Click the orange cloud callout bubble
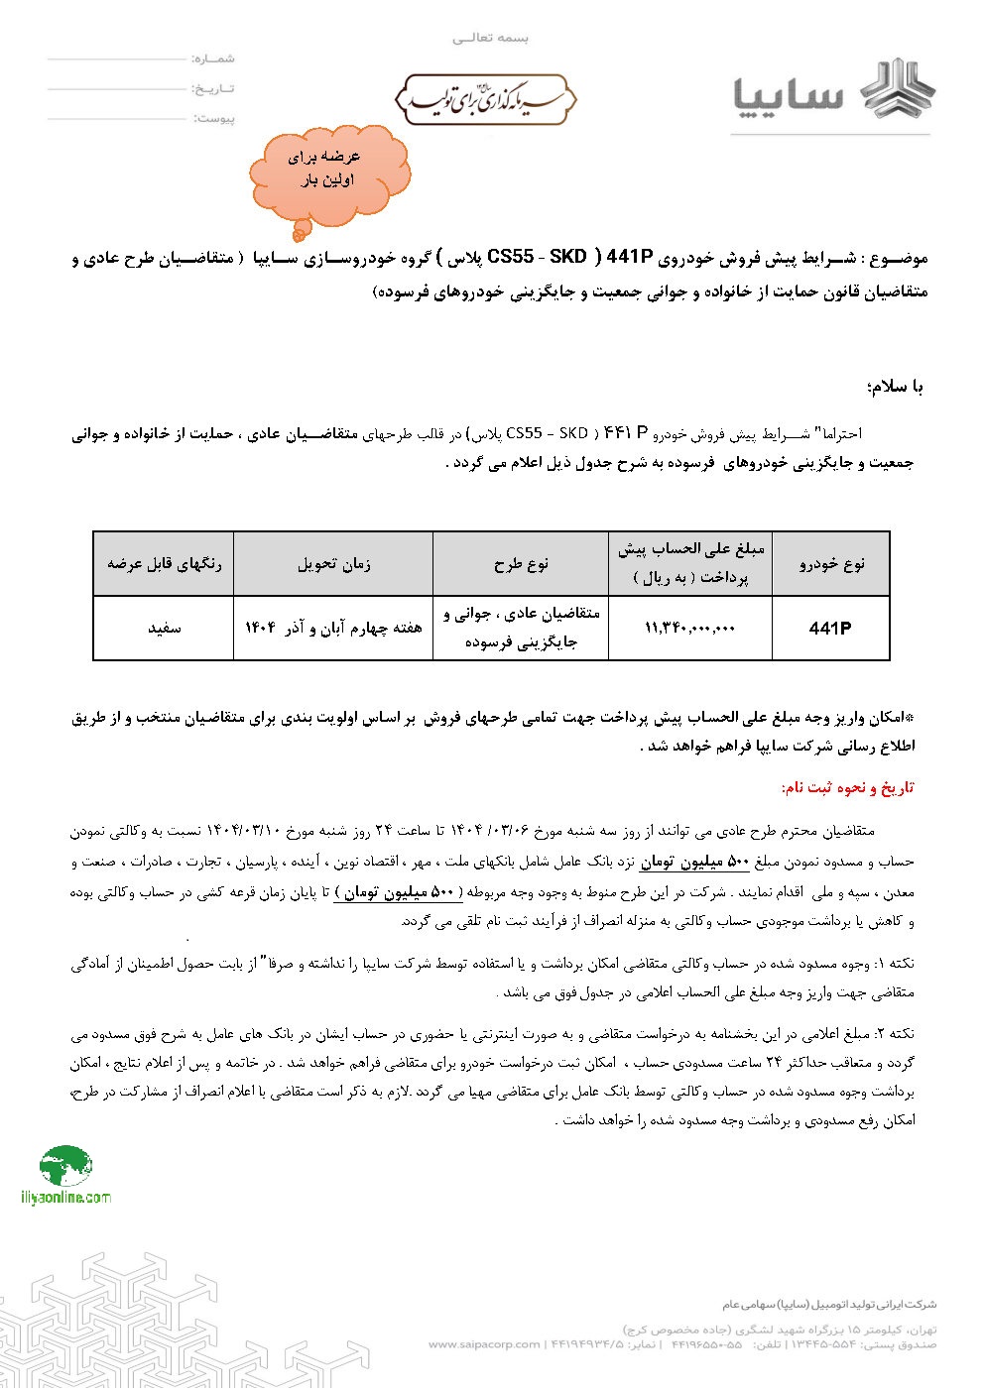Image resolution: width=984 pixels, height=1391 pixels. tap(328, 171)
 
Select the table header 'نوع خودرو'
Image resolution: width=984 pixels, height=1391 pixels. tap(831, 564)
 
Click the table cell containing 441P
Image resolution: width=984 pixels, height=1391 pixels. tap(830, 629)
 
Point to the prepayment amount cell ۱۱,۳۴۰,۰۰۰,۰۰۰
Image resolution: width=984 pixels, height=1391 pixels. tap(689, 629)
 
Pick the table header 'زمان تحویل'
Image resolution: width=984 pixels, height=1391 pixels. tap(333, 564)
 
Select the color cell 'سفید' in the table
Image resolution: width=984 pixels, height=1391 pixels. tap(164, 629)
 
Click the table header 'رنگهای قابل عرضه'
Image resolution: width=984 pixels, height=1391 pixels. tap(164, 564)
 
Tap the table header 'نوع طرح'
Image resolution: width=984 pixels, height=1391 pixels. tap(522, 564)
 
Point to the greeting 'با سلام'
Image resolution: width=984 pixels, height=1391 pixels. tap(894, 388)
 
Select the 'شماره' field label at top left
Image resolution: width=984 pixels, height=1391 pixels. tap(213, 59)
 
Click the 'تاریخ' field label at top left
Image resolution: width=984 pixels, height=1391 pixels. tap(213, 89)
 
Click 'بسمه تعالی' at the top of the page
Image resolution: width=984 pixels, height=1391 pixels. tap(491, 38)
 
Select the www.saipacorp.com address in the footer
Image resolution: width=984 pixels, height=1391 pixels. tap(484, 1344)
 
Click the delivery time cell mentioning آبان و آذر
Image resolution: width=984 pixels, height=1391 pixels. tap(333, 629)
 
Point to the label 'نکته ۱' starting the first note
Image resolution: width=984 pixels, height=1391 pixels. tap(895, 964)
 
